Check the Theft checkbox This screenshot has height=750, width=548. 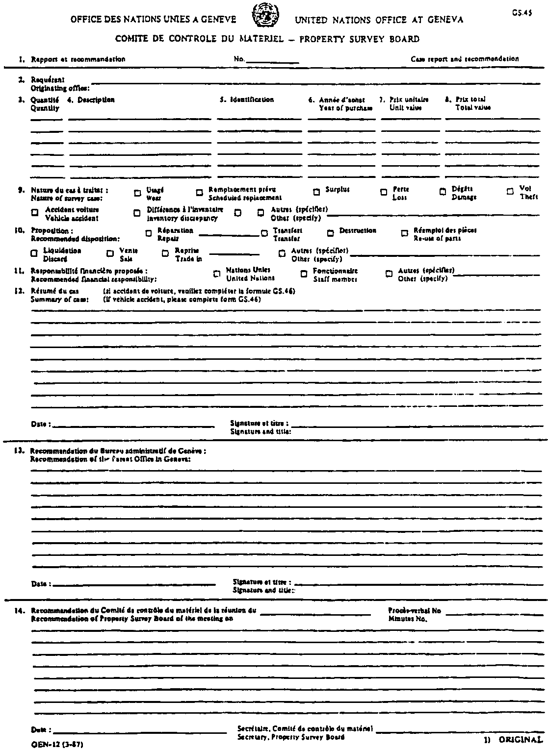(x=510, y=192)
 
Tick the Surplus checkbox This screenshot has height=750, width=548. (x=316, y=192)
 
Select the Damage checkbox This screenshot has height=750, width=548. (x=443, y=192)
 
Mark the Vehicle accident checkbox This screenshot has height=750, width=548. (x=34, y=213)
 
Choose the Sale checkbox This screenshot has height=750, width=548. (x=110, y=253)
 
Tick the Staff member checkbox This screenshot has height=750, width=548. (x=304, y=274)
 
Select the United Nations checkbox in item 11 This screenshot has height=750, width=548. (x=217, y=274)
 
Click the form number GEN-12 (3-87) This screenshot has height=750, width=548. (x=53, y=744)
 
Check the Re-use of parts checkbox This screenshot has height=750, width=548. (x=405, y=233)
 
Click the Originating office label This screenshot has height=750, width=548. (x=60, y=88)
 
